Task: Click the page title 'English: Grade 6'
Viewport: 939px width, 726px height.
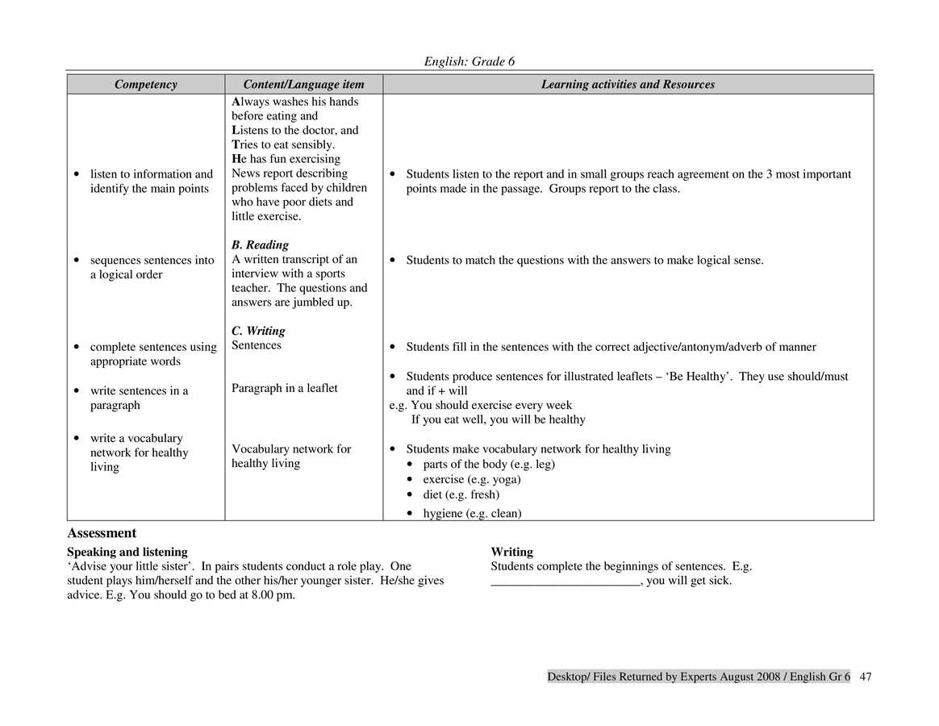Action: tap(469, 62)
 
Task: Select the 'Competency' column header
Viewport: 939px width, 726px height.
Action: tap(145, 85)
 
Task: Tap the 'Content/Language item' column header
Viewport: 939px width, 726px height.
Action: tap(303, 85)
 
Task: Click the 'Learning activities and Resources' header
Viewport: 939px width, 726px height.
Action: tap(628, 85)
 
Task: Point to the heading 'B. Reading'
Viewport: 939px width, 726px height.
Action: tap(260, 245)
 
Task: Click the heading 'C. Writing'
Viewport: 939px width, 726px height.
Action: tap(258, 332)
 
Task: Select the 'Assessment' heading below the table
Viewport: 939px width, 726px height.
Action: tap(102, 533)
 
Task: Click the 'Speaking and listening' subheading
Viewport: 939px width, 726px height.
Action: tap(127, 553)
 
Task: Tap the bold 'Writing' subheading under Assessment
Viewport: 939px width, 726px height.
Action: tap(511, 553)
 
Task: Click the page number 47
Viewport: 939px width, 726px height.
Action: tap(866, 677)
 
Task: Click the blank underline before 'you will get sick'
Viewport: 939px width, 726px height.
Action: tap(565, 581)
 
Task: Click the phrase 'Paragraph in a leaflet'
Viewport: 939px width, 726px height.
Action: tap(285, 389)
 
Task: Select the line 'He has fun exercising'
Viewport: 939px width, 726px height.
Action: tap(286, 159)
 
